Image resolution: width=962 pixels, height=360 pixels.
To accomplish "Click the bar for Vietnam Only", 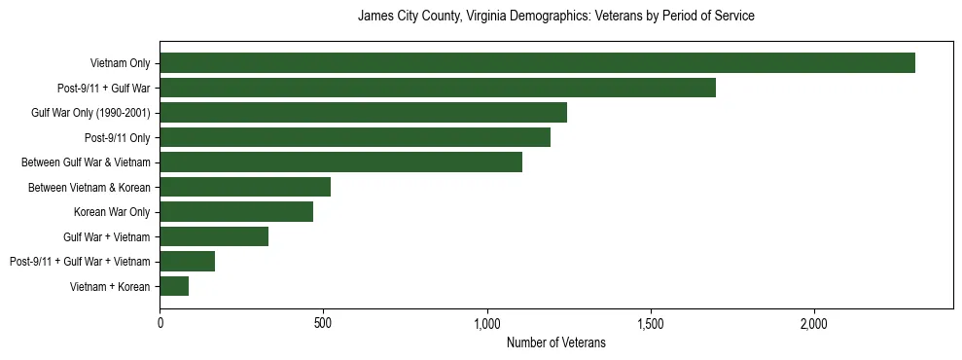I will point(537,63).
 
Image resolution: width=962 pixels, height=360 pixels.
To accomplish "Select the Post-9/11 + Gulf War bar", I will point(438,88).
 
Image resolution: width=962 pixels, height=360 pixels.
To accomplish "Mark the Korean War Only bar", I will point(236,212).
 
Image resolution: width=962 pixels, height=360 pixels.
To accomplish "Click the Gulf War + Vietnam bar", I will point(214,236).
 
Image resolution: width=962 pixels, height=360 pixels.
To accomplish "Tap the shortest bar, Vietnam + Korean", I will point(174,286).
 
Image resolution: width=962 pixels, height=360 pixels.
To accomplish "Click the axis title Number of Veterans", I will point(556,342).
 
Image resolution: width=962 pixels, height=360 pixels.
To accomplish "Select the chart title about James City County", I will point(556,17).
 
